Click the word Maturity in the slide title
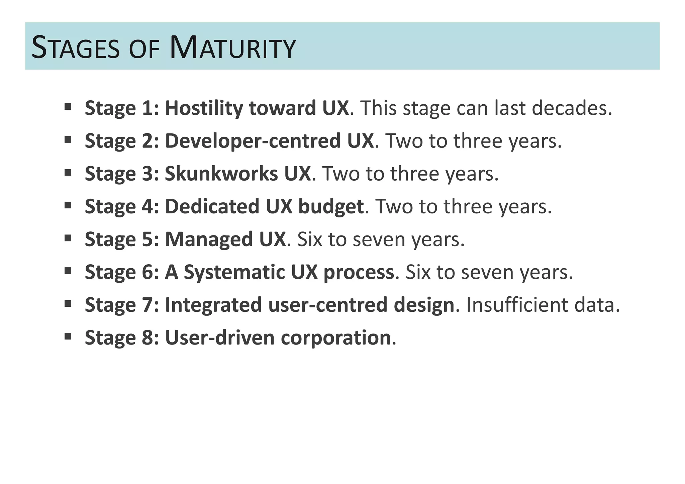pyautogui.click(x=233, y=48)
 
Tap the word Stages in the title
pyautogui.click(x=76, y=48)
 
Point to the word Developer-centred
pyautogui.click(x=253, y=141)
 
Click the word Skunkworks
pyautogui.click(x=221, y=174)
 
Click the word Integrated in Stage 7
pyautogui.click(x=213, y=305)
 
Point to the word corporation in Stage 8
pyautogui.click(x=336, y=337)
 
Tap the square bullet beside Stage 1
pyautogui.click(x=68, y=107)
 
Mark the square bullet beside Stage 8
pyautogui.click(x=68, y=336)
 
